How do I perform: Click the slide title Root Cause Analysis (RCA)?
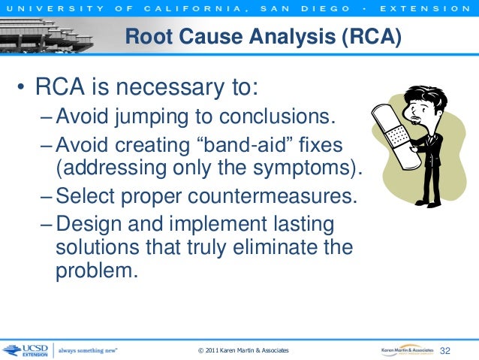(262, 36)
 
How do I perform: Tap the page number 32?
(448, 351)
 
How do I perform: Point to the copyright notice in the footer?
(242, 352)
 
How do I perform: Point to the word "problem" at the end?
(95, 271)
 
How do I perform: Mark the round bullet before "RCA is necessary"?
(23, 92)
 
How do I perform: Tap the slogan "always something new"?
(88, 351)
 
